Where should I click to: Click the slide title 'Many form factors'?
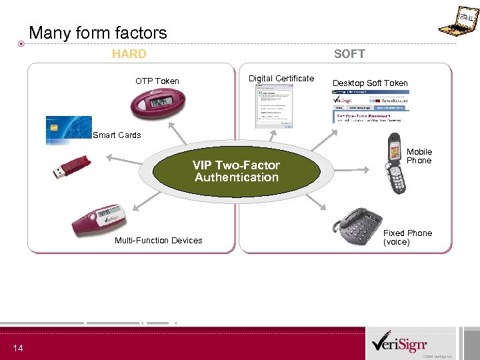pyautogui.click(x=97, y=32)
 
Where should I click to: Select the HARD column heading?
pyautogui.click(x=129, y=54)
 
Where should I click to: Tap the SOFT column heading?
pyautogui.click(x=349, y=54)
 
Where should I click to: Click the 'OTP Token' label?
pyautogui.click(x=157, y=81)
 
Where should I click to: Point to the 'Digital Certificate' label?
pyautogui.click(x=281, y=79)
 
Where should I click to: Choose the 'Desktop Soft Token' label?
pyautogui.click(x=370, y=83)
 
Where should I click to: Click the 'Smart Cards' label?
pyautogui.click(x=117, y=135)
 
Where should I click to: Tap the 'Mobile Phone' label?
pyautogui.click(x=419, y=156)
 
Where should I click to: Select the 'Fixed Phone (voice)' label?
pyautogui.click(x=407, y=237)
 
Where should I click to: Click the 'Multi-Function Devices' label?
pyautogui.click(x=158, y=240)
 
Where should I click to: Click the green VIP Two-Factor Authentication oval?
pyautogui.click(x=236, y=171)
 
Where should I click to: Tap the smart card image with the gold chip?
pyautogui.click(x=68, y=129)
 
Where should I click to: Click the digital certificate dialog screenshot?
pyautogui.click(x=274, y=107)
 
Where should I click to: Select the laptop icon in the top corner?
pyautogui.click(x=457, y=21)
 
